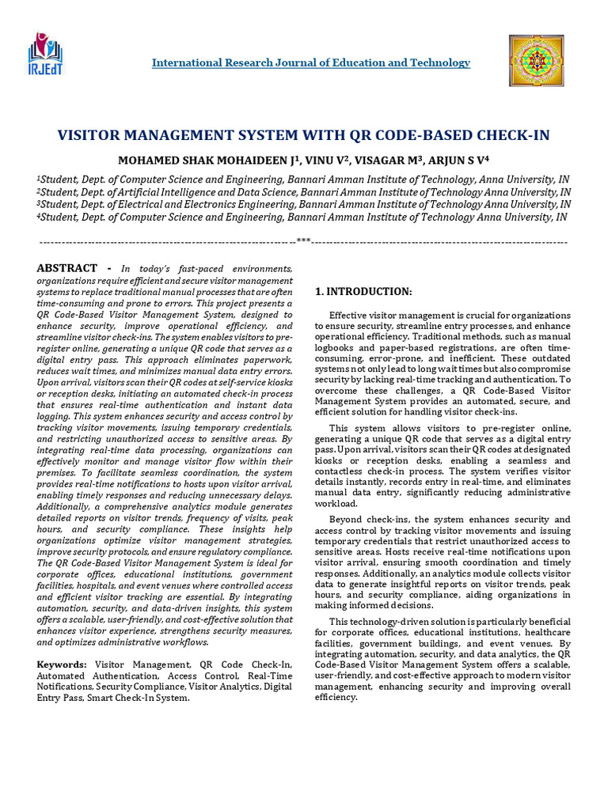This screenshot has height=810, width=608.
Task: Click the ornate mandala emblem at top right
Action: click(x=536, y=62)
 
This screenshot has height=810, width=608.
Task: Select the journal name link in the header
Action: click(x=310, y=62)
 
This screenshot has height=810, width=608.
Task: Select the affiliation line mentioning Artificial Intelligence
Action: click(x=303, y=191)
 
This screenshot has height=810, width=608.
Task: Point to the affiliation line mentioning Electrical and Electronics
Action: click(x=303, y=204)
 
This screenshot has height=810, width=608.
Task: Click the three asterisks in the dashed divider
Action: click(x=303, y=240)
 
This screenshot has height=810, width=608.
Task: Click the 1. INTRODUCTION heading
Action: click(x=363, y=292)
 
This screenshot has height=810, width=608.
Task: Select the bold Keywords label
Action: click(x=62, y=665)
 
